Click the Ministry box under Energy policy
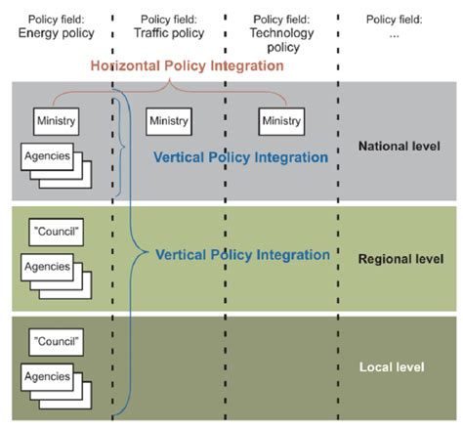click(x=56, y=121)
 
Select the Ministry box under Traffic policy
click(x=169, y=121)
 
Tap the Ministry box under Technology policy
click(x=281, y=121)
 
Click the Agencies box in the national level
click(x=47, y=156)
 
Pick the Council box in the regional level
click(x=56, y=232)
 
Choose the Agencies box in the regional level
click(x=47, y=267)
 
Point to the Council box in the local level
click(x=56, y=342)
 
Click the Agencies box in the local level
click(x=47, y=377)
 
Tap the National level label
click(x=400, y=147)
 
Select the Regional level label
click(x=400, y=259)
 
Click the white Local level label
click(x=392, y=367)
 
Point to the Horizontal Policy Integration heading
click(x=188, y=66)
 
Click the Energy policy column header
click(x=56, y=26)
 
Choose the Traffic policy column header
click(x=169, y=26)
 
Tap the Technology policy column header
click(x=281, y=33)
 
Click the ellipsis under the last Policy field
click(x=394, y=34)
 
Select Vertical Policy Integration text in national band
click(x=240, y=157)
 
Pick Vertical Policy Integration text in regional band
click(x=242, y=255)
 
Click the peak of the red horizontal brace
click(x=169, y=79)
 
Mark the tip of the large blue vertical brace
click(x=148, y=252)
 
